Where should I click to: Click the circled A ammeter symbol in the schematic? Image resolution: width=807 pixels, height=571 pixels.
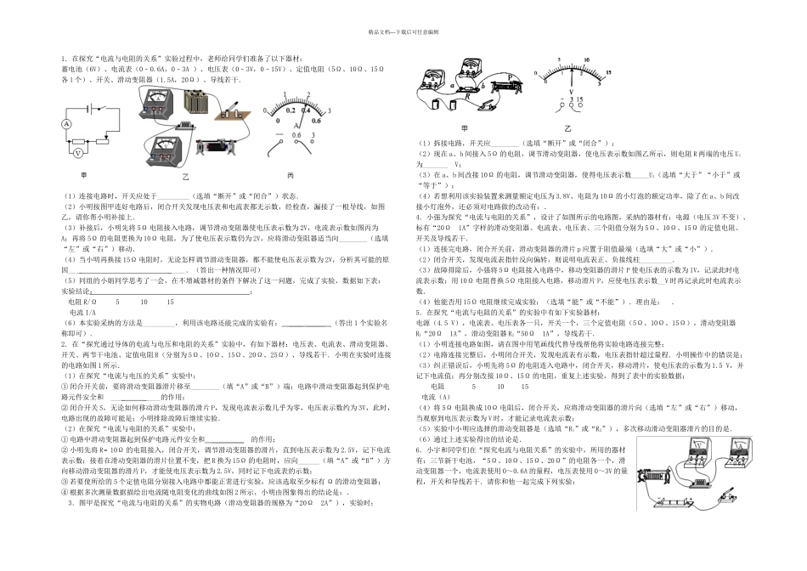66,124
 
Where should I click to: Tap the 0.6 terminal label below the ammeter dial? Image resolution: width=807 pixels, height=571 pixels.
296,134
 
